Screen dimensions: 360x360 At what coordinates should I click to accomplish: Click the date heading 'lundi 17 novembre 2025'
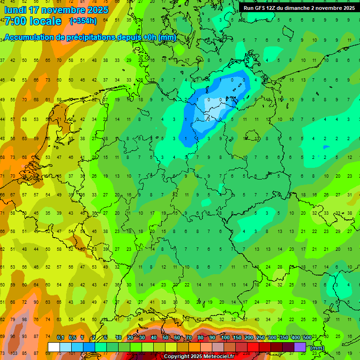(x=56, y=10)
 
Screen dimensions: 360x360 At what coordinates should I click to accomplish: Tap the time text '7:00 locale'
(x=33, y=21)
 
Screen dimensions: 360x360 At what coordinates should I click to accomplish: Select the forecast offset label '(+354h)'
(x=83, y=21)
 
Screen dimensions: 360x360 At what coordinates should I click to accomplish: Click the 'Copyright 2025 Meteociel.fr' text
(x=199, y=357)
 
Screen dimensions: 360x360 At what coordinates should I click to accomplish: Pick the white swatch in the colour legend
(x=54, y=347)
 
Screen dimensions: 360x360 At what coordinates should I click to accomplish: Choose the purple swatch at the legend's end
(x=300, y=347)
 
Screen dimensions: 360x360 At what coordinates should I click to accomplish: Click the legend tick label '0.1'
(x=60, y=338)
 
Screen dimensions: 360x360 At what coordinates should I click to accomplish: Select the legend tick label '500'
(x=307, y=338)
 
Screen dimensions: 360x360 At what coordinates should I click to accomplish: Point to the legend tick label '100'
(x=225, y=338)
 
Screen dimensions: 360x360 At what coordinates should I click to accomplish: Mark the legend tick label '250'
(x=261, y=338)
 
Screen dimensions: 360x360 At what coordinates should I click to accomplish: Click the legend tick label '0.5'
(x=72, y=338)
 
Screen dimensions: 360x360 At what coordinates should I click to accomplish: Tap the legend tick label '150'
(x=237, y=338)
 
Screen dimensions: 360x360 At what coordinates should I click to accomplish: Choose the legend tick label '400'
(x=296, y=338)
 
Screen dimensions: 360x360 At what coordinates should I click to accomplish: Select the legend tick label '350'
(x=284, y=338)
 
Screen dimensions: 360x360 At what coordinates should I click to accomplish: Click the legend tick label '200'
(x=249, y=338)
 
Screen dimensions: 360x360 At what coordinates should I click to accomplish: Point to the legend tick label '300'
(x=272, y=338)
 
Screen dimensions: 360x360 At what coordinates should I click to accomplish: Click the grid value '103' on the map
(x=14, y=353)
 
